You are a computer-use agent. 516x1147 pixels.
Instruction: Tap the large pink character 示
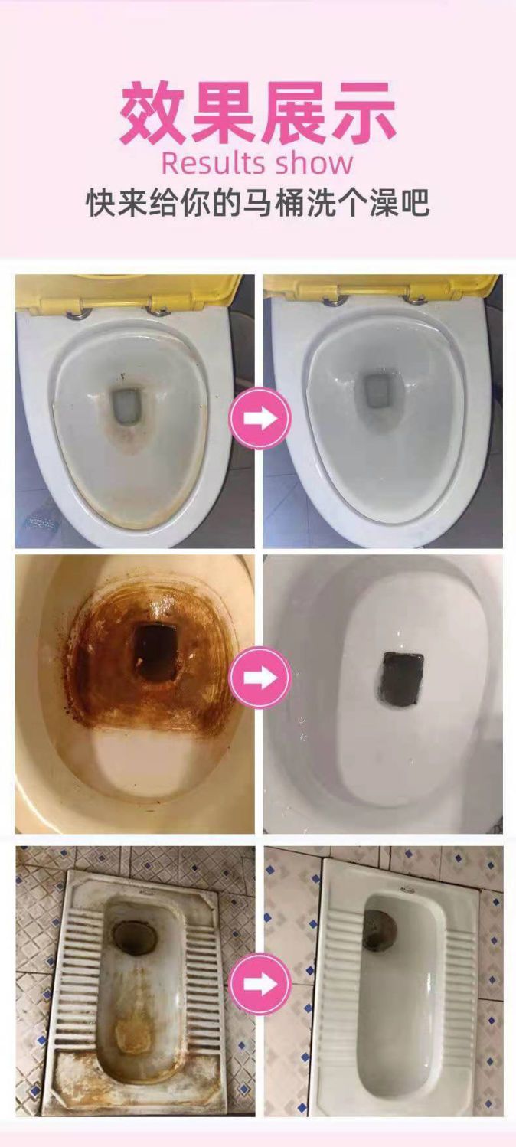364,113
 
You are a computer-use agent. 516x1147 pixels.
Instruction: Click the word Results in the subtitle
213,163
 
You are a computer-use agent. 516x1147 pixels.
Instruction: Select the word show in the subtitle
314,163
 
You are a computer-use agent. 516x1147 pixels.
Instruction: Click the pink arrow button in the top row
260,418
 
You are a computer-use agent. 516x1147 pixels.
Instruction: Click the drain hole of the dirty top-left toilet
126,406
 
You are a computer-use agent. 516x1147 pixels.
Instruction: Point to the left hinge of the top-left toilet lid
79,312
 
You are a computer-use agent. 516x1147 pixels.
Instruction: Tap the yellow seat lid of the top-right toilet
381,289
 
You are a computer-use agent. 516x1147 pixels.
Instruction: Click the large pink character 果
222,113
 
